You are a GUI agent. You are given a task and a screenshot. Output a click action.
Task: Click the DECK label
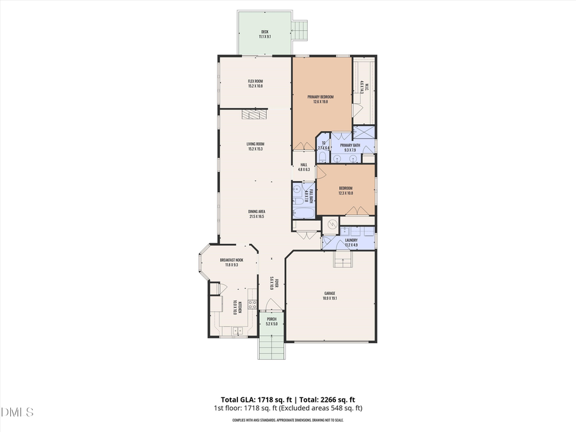[x=265, y=31]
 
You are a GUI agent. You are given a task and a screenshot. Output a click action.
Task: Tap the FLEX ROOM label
[x=256, y=81]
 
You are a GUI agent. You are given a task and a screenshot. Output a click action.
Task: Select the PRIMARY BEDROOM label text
[x=320, y=97]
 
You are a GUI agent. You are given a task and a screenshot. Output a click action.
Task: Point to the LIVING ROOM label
[x=256, y=144]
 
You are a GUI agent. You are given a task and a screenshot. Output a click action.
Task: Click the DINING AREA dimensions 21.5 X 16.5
[x=257, y=217]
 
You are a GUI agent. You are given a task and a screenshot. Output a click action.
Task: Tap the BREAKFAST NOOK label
[x=232, y=260]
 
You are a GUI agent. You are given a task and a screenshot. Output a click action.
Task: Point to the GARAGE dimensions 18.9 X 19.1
[x=330, y=298]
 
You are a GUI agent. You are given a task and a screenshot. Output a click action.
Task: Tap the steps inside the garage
[x=342, y=260]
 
